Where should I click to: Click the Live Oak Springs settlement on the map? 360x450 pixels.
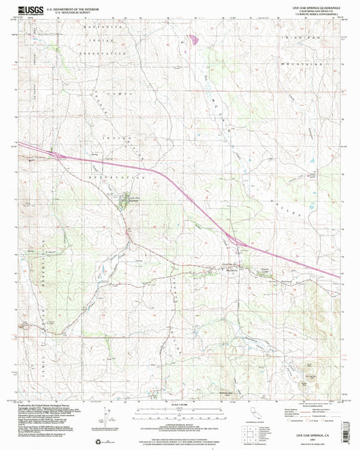[x=124, y=199]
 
